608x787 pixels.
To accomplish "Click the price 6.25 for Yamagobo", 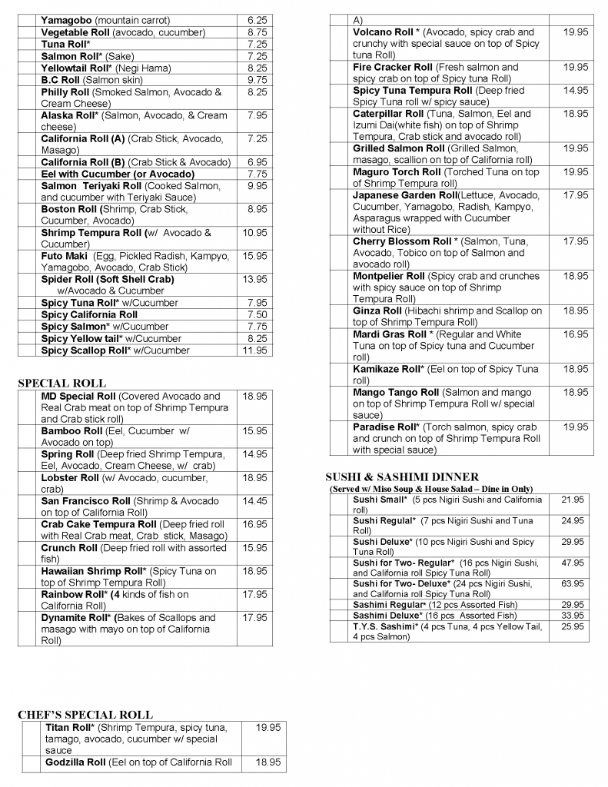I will coord(257,20).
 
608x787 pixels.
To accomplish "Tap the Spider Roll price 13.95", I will coord(255,280).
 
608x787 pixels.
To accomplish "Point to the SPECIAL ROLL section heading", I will coord(61,384).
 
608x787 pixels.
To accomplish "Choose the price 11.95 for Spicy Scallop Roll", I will coord(255,350).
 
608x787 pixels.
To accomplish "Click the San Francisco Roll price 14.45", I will coord(255,501).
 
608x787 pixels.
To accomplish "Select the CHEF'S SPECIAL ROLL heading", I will coord(85,715).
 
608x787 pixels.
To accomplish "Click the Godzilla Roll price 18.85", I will coord(267,762).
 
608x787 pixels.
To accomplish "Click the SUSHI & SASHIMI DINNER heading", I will coord(402,477).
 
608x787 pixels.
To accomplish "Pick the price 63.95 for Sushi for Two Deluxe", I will coord(573,584).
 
